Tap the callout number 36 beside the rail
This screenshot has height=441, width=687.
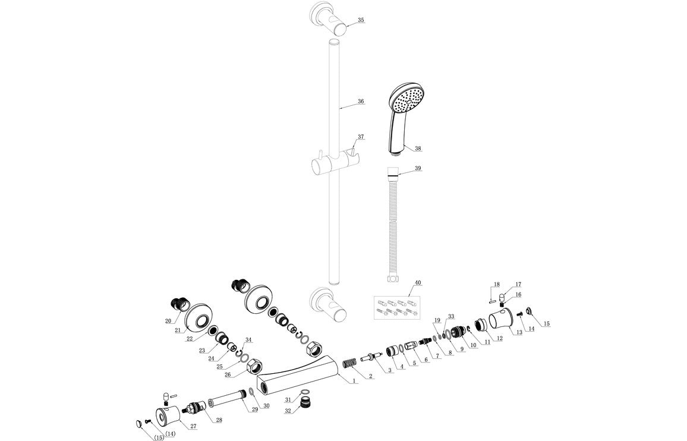tap(361, 102)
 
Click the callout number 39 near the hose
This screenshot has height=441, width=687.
tap(418, 169)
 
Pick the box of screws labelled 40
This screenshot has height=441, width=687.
tap(396, 307)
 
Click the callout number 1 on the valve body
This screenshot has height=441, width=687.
tap(354, 380)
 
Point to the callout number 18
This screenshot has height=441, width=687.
tap(496, 285)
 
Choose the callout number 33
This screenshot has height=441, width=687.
tap(451, 316)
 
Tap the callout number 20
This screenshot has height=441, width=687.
tap(168, 322)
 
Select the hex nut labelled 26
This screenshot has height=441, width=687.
tap(254, 364)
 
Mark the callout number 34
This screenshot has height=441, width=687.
tap(248, 340)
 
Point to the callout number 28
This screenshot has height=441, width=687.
tap(219, 420)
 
